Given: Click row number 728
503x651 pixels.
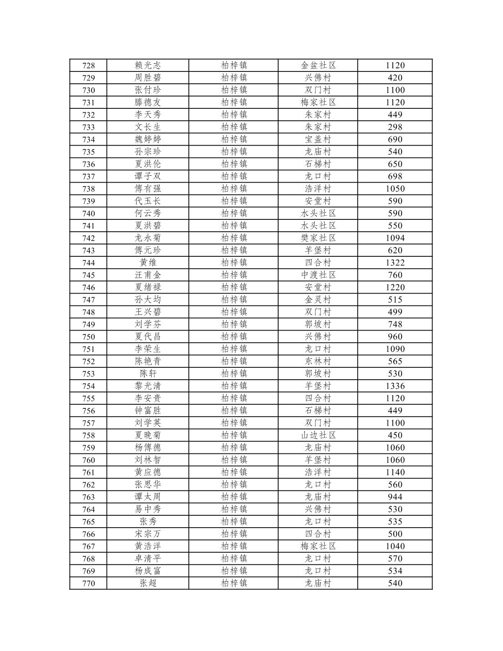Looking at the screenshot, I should click(x=88, y=66).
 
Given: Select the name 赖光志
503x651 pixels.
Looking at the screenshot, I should click(x=147, y=66).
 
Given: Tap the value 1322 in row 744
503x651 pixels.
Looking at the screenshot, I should click(x=395, y=263).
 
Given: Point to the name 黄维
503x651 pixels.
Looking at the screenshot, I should click(x=147, y=263).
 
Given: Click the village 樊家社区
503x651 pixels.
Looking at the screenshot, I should click(x=318, y=238).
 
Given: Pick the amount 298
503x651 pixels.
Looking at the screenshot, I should click(x=395, y=127).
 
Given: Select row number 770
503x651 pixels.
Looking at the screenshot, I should click(x=88, y=583).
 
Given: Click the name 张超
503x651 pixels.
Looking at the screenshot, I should click(x=147, y=583).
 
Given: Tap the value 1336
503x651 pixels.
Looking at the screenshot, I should click(x=395, y=386).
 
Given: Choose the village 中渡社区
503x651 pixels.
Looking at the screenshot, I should click(x=318, y=275).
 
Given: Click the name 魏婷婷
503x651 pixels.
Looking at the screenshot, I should click(x=147, y=139).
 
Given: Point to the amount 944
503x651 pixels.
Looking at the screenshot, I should click(x=395, y=497).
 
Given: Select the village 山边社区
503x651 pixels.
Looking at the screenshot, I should click(x=318, y=435).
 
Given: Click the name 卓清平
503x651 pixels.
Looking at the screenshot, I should click(x=147, y=559).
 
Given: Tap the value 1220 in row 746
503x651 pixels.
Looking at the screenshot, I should click(x=395, y=287).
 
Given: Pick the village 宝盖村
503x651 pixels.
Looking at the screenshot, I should click(x=318, y=139).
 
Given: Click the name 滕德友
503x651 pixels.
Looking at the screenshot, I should click(x=147, y=102).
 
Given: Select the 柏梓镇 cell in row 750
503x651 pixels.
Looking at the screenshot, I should click(x=234, y=337).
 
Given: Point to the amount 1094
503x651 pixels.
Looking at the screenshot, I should click(x=395, y=238).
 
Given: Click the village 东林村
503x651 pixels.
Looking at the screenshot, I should click(x=318, y=361).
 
